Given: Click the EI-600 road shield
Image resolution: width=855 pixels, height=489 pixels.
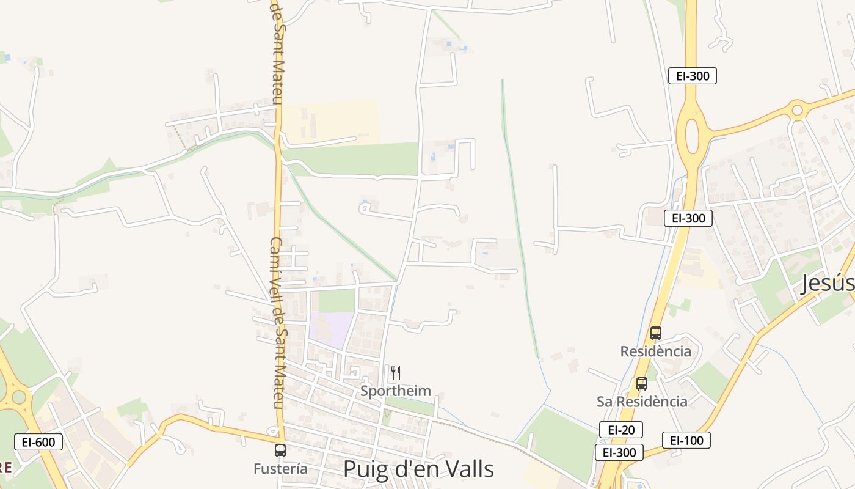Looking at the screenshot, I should pyautogui.click(x=38, y=442).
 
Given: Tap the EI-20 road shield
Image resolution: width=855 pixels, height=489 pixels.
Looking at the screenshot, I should pyautogui.click(x=620, y=430).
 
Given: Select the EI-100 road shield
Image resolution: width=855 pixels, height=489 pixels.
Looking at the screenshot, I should pyautogui.click(x=686, y=440).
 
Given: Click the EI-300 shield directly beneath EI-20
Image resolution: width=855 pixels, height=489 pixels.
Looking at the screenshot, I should pyautogui.click(x=619, y=452).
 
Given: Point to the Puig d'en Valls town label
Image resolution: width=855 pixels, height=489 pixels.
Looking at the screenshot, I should pyautogui.click(x=418, y=469).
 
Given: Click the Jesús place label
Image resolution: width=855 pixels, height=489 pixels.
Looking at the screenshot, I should pyautogui.click(x=827, y=284).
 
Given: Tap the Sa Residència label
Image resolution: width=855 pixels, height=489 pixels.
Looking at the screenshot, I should pyautogui.click(x=642, y=402).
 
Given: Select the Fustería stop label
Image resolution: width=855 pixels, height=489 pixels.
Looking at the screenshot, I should pyautogui.click(x=280, y=469).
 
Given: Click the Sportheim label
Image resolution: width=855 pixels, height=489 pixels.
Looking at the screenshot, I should pyautogui.click(x=395, y=391).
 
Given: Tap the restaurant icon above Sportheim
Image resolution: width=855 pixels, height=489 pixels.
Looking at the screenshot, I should pyautogui.click(x=396, y=373).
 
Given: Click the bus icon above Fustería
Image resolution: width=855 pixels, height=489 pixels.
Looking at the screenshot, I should pyautogui.click(x=280, y=450).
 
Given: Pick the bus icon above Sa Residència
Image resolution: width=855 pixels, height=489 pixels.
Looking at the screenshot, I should pyautogui.click(x=642, y=384).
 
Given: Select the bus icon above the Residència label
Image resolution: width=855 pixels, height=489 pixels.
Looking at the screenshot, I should pyautogui.click(x=656, y=333).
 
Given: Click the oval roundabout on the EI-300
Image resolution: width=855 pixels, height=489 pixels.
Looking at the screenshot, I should pyautogui.click(x=692, y=136).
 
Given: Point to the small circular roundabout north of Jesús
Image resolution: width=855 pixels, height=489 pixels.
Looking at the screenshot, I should pyautogui.click(x=797, y=111).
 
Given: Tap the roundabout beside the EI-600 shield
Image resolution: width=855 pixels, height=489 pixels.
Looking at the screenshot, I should pyautogui.click(x=18, y=397).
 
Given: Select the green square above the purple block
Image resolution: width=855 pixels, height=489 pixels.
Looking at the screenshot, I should pyautogui.click(x=337, y=300).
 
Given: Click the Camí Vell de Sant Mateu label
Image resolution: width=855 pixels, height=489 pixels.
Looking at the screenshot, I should pyautogui.click(x=277, y=323).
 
